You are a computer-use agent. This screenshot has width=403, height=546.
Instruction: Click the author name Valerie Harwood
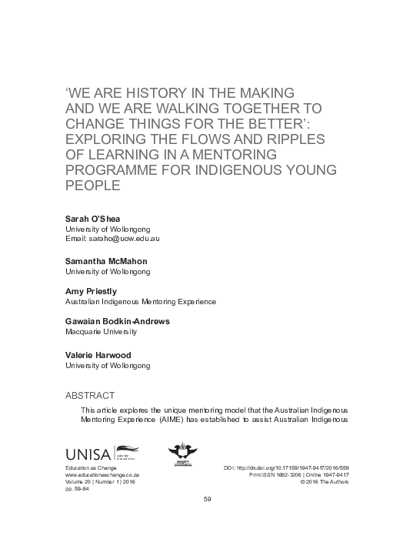(x=98, y=355)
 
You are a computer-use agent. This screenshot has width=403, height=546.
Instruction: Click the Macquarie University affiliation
(x=101, y=333)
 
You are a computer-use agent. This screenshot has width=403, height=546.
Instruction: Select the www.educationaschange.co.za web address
(x=102, y=476)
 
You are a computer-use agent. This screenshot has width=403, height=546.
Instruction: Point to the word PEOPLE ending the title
(x=91, y=186)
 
